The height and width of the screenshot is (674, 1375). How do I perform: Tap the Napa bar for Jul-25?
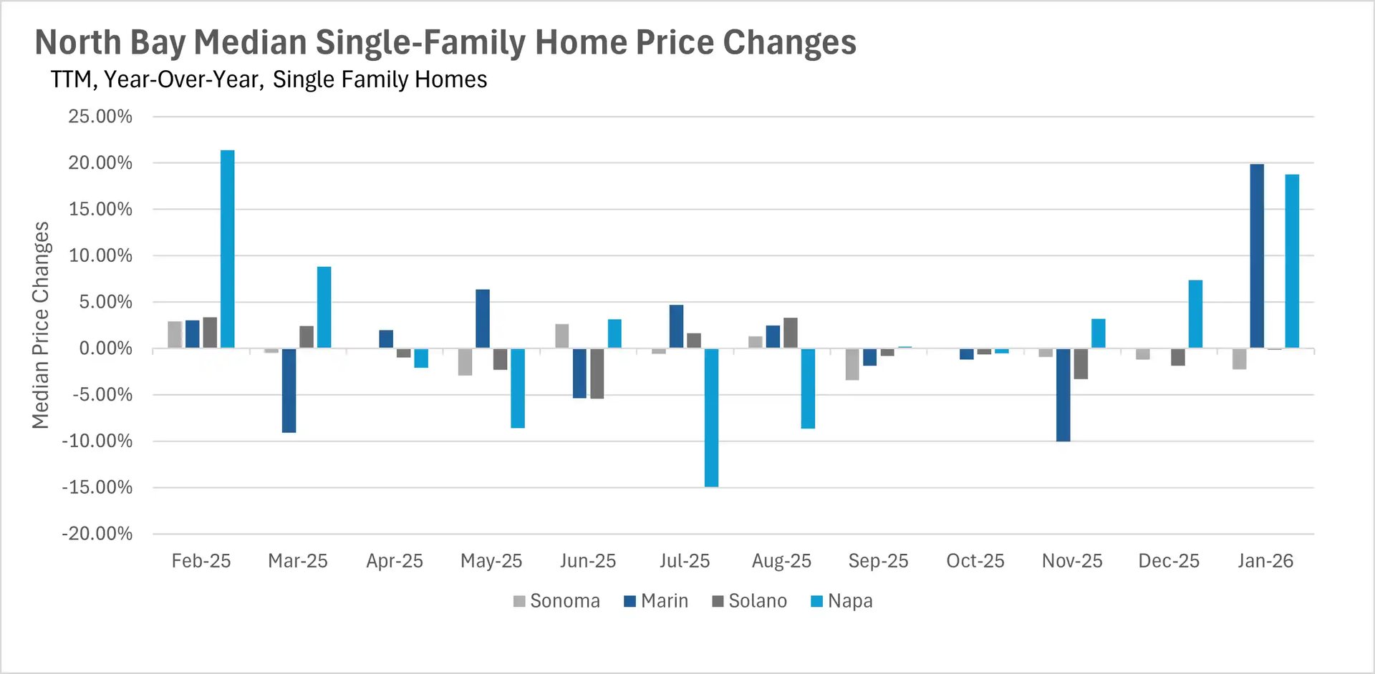[711, 418]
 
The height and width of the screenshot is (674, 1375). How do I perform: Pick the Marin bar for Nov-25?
[1063, 395]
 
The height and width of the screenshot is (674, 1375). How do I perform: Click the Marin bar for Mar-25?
[289, 391]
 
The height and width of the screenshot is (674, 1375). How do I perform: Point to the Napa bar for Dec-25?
[1195, 314]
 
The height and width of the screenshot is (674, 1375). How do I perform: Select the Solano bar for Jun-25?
[597, 373]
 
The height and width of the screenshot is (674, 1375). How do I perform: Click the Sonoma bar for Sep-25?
[852, 364]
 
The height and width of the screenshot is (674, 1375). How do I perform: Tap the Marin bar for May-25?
[483, 319]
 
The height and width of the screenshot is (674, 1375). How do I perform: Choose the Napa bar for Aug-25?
[808, 389]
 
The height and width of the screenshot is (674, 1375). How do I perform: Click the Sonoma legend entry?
[556, 601]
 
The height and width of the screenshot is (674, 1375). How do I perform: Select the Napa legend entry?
[841, 601]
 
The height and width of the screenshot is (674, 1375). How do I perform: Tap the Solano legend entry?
[749, 601]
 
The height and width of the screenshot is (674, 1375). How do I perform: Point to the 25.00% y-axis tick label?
[100, 117]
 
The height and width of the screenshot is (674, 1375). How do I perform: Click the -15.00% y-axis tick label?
[97, 488]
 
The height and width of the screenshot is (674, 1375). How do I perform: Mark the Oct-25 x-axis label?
[975, 561]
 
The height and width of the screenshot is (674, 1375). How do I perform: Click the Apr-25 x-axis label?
[395, 561]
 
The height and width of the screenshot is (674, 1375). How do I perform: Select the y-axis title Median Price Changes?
[41, 326]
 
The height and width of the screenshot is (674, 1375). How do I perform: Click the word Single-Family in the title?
[421, 42]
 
